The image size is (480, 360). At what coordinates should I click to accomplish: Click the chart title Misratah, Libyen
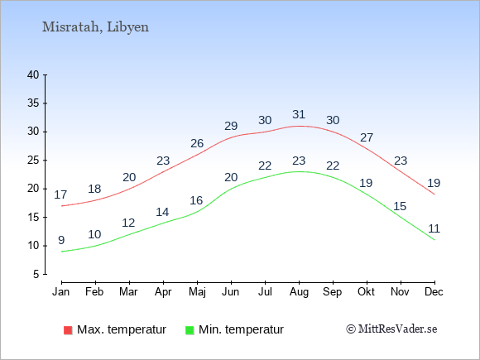pos(95,27)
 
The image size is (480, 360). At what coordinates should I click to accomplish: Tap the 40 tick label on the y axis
pos(33,74)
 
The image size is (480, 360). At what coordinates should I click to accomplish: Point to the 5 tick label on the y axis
pos(36,274)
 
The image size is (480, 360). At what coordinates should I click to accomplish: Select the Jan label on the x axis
pos(61,291)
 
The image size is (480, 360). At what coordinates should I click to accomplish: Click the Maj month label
pos(197,292)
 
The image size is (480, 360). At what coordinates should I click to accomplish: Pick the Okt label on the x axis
pos(366,291)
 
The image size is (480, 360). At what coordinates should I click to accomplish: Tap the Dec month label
pos(434,291)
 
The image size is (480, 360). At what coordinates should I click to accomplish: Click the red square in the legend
pos(68,330)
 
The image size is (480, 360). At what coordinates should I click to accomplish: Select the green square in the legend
pos(190,330)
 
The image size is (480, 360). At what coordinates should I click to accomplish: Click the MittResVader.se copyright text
pos(391,329)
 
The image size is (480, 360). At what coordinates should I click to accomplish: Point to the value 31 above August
pos(299,114)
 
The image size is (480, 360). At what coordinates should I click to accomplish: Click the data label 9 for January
pos(61,240)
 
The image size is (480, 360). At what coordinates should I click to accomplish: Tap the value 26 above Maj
pos(197,143)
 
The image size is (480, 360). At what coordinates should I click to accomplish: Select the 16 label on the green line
pos(196,200)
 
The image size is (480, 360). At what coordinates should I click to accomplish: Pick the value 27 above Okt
pos(367,137)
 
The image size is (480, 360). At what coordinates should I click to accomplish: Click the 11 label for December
pos(434,228)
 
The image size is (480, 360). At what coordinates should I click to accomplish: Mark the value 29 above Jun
pos(231,126)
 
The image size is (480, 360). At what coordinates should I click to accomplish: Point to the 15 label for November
pos(400,206)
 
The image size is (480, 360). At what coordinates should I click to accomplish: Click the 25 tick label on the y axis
pos(33,160)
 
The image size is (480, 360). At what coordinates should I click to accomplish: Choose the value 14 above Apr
pos(162,212)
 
